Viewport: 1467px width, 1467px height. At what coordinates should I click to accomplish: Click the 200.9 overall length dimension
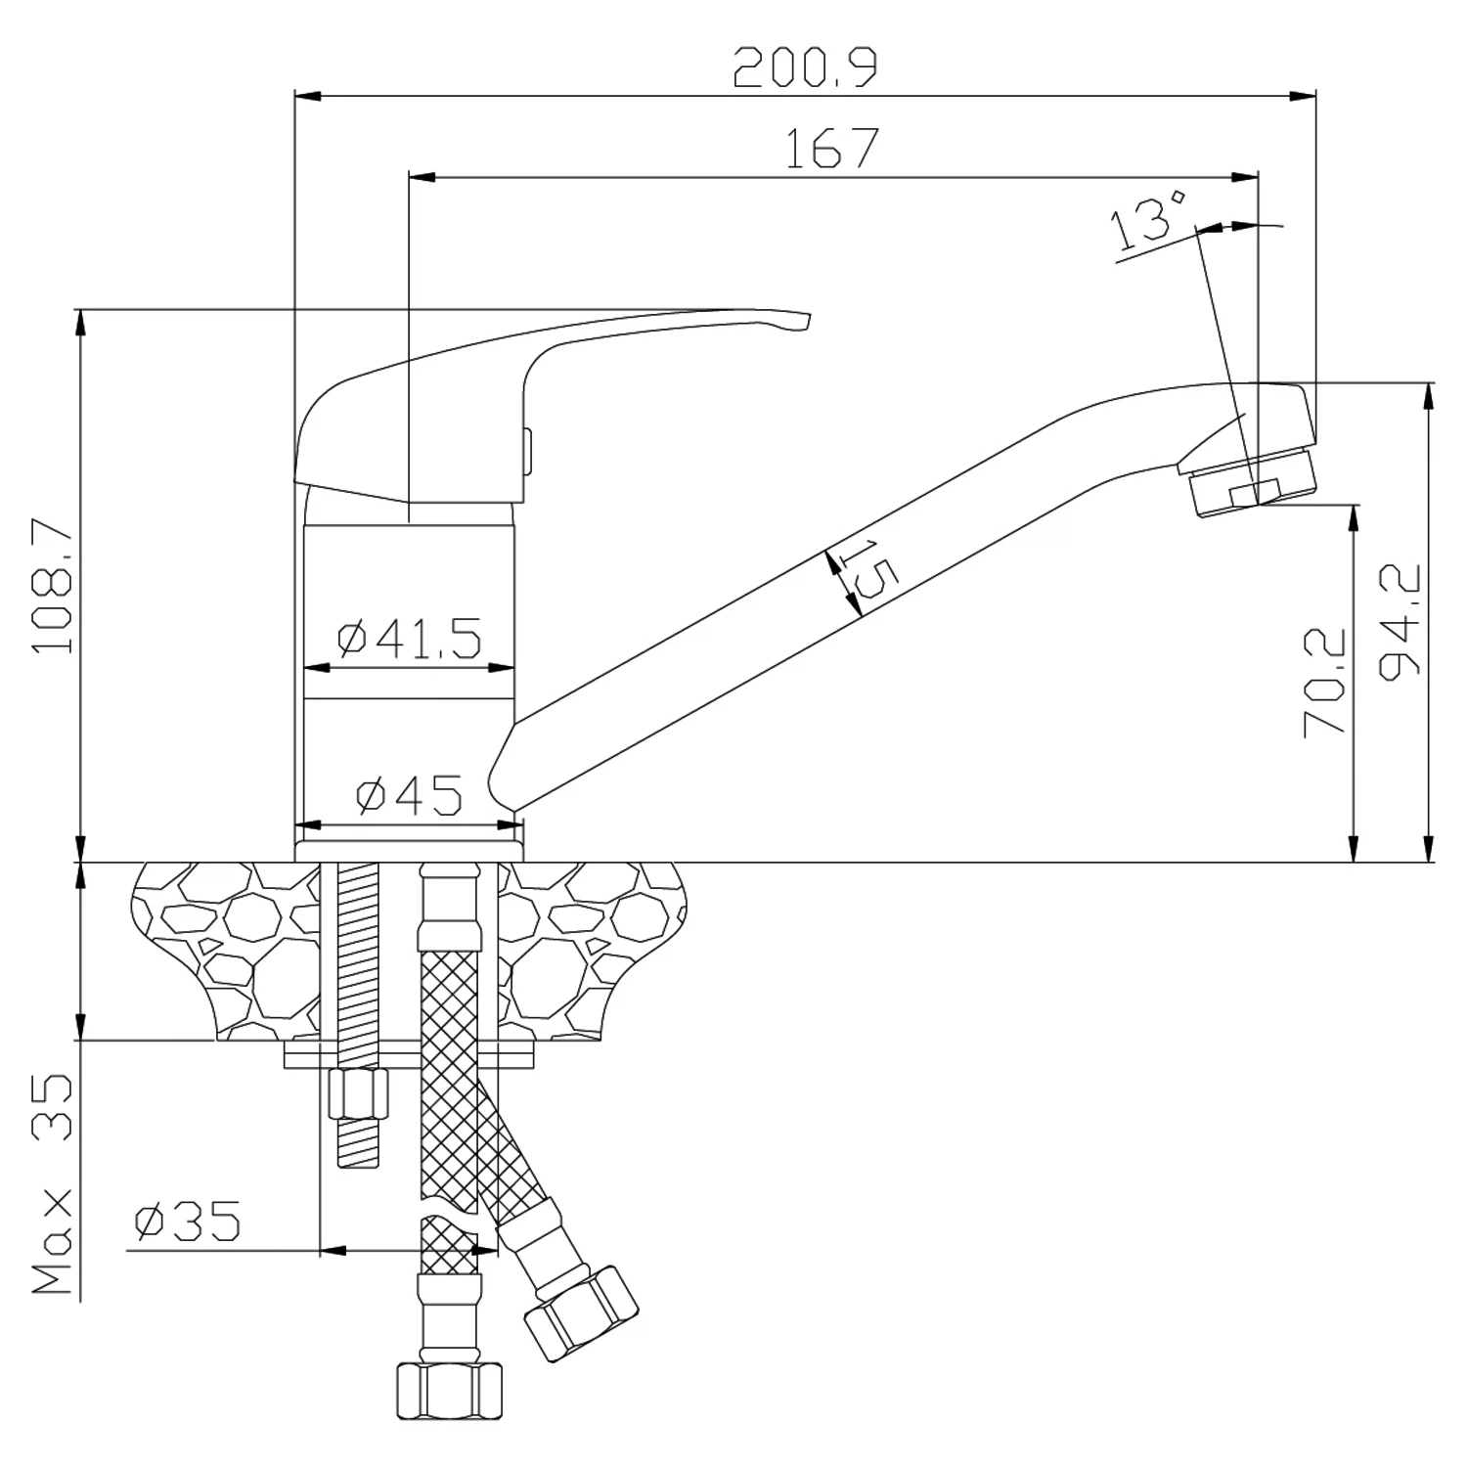pyautogui.click(x=806, y=67)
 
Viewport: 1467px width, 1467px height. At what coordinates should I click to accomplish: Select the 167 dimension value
pyautogui.click(x=833, y=148)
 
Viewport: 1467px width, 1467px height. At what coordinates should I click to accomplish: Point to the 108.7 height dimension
pyautogui.click(x=52, y=585)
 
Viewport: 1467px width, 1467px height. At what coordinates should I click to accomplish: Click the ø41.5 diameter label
pyautogui.click(x=410, y=639)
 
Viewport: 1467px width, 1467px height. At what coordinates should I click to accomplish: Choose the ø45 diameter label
pyautogui.click(x=409, y=796)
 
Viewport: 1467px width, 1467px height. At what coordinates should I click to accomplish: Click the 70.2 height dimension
pyautogui.click(x=1325, y=682)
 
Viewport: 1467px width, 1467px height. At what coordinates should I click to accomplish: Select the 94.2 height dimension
pyautogui.click(x=1400, y=622)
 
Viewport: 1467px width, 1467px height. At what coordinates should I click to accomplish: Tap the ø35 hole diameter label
pyautogui.click(x=187, y=1222)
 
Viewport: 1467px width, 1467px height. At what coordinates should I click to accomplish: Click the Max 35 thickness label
pyautogui.click(x=53, y=1184)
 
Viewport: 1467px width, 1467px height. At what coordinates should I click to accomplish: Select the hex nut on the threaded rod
pyautogui.click(x=357, y=1093)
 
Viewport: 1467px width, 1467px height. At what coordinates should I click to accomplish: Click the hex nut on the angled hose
pyautogui.click(x=581, y=1309)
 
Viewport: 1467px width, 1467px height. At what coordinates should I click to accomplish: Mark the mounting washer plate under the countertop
pyautogui.click(x=410, y=1054)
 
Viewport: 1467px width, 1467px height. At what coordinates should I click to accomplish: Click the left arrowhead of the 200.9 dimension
pyautogui.click(x=307, y=96)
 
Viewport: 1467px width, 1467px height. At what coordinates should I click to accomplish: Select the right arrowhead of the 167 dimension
pyautogui.click(x=1245, y=177)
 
